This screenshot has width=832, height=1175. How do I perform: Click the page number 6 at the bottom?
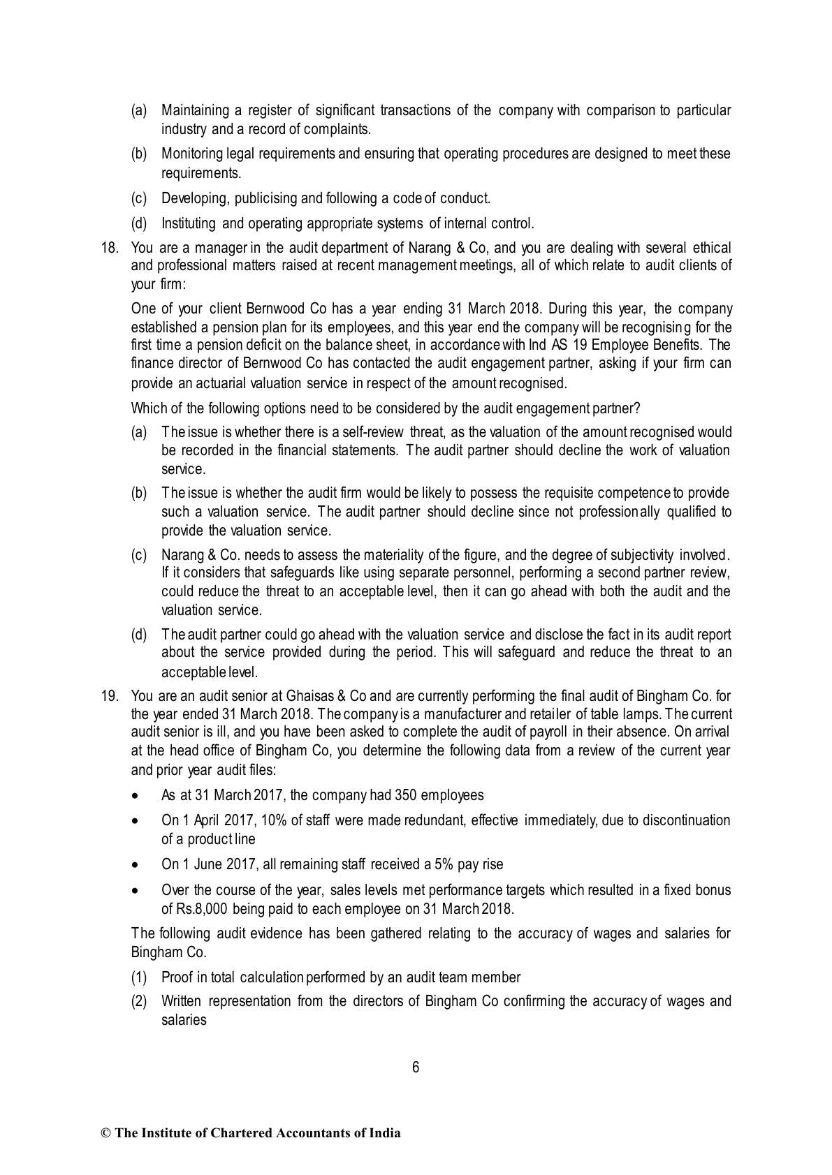416,1067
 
